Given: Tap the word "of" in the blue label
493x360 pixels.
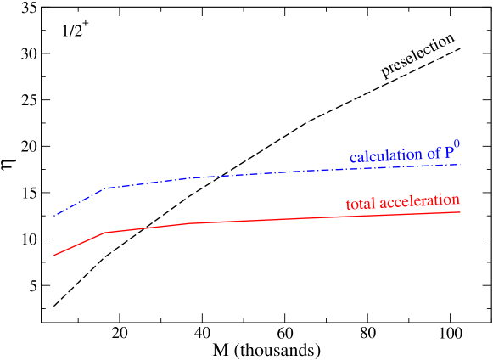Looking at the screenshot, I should [434, 154].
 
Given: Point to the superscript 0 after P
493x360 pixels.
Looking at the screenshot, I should [458, 145].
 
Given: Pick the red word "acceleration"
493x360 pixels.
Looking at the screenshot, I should [420, 201].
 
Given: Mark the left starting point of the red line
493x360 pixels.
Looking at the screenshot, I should [54, 255].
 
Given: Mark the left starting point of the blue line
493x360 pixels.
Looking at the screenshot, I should [54, 216].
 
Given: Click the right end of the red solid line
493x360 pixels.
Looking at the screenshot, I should [461, 212].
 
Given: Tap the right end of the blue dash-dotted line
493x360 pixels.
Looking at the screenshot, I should [461, 164].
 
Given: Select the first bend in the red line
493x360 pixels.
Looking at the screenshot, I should [104, 232].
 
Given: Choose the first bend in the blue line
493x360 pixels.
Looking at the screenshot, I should [105, 188].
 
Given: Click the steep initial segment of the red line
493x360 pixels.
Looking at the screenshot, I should [79, 244].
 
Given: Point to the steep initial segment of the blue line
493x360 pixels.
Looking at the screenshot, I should [79, 202].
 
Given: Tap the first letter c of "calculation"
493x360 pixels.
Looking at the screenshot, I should [353, 159].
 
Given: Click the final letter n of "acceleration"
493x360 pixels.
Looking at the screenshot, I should [456, 200].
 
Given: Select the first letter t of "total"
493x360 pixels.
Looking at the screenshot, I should [349, 205].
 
